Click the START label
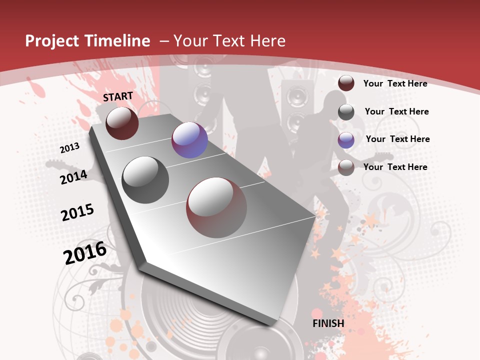point(118,96)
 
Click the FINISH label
point(328,323)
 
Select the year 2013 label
point(69,147)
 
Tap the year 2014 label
point(73,177)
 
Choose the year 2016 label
point(85,253)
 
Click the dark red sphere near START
point(122,123)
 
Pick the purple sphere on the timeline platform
point(189,140)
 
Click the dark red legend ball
point(346,83)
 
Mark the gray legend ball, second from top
point(346,112)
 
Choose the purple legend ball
point(346,140)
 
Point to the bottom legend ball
point(346,167)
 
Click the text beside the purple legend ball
point(397,139)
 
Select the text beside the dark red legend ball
point(395,83)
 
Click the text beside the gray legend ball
point(396,111)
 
